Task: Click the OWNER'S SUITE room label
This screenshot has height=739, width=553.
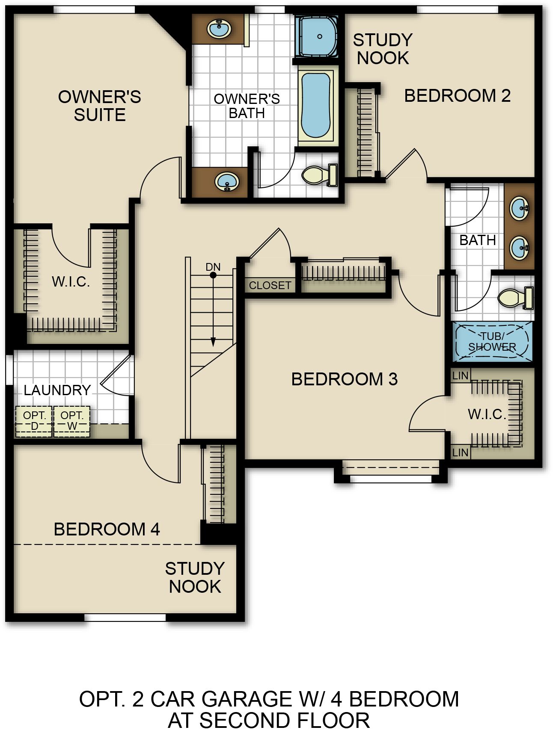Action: (100, 106)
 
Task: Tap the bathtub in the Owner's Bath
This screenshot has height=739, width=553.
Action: (316, 106)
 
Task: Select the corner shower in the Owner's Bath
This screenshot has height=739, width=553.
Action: (317, 36)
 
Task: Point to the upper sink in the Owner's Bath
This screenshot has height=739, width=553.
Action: (219, 29)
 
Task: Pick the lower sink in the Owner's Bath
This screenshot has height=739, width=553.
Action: (226, 182)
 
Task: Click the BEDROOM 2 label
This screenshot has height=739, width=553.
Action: (458, 96)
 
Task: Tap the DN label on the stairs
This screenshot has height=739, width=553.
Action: (213, 267)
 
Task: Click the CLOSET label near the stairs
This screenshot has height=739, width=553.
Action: (270, 285)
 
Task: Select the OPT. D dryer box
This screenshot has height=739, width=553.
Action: (34, 421)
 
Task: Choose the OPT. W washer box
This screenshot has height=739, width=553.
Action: (72, 421)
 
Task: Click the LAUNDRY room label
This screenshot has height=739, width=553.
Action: (57, 390)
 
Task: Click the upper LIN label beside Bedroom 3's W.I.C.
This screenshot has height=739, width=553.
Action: (461, 376)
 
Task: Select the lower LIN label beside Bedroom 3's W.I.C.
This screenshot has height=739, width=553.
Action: (461, 452)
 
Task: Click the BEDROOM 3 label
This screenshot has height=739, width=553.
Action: (345, 379)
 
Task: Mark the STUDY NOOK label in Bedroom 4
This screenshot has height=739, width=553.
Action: (195, 577)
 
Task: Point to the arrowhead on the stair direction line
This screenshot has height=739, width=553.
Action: (213, 342)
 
